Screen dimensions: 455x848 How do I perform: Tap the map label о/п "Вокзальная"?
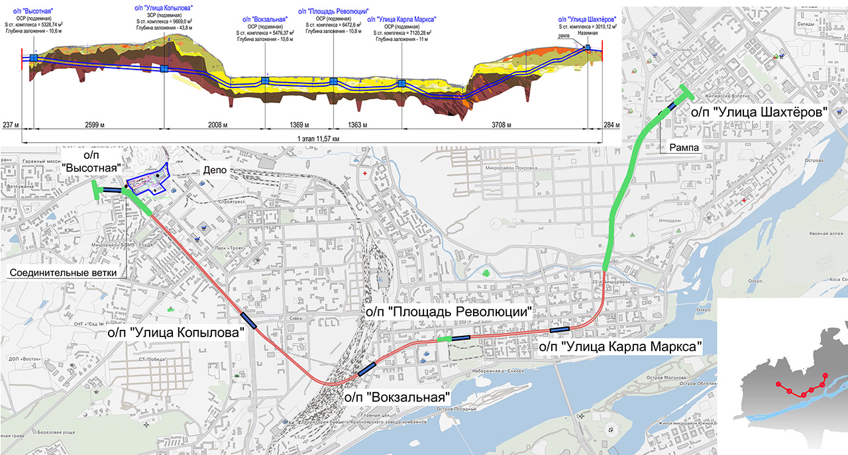pyautogui.click(x=397, y=397)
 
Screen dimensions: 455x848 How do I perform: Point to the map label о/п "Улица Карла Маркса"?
pyautogui.click(x=620, y=346)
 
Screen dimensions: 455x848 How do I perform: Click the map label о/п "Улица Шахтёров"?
pyautogui.click(x=759, y=112)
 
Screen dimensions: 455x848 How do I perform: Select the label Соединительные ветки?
pyautogui.click(x=63, y=272)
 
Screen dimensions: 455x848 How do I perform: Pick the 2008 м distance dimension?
pyautogui.click(x=213, y=125)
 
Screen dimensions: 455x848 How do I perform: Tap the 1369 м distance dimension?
pyautogui.click(x=299, y=125)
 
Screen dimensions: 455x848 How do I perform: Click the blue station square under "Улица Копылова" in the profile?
pyautogui.click(x=164, y=69)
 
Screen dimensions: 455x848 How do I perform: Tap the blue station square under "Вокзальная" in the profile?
pyautogui.click(x=265, y=81)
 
